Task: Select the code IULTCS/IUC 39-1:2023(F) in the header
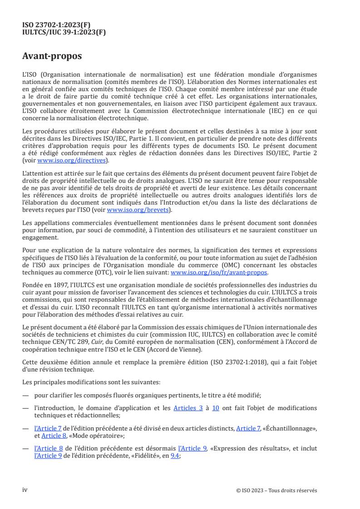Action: click(x=64, y=32)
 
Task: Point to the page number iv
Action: click(x=25, y=490)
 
